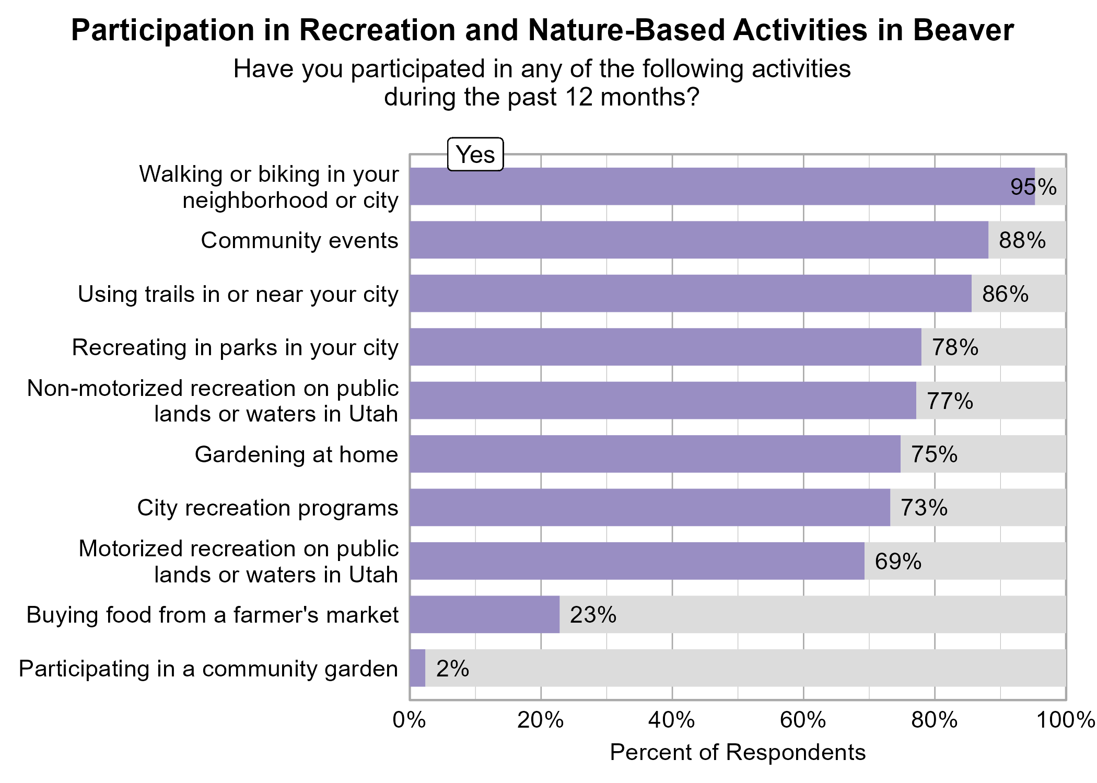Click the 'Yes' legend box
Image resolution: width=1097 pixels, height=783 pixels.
tap(475, 155)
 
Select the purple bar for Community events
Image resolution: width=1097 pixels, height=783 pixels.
tap(698, 240)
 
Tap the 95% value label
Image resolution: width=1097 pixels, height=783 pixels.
tap(1033, 187)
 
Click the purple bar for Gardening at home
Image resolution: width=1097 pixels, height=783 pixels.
tap(655, 454)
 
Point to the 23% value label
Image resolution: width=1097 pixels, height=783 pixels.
tap(593, 615)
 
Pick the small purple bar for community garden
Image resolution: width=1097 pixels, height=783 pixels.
tap(417, 668)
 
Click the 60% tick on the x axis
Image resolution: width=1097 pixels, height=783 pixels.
tap(803, 720)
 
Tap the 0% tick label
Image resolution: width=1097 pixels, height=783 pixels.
tap(409, 720)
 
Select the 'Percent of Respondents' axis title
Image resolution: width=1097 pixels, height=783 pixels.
tap(738, 753)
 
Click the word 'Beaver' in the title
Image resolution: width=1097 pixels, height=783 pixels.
tap(963, 30)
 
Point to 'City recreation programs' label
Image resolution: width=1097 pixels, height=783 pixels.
tap(267, 508)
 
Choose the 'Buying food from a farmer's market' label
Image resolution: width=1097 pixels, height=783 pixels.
tap(213, 615)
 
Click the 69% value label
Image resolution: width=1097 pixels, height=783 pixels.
tap(898, 562)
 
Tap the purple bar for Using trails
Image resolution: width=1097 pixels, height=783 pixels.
tap(690, 294)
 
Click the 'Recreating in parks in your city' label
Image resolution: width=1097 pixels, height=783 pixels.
tap(235, 347)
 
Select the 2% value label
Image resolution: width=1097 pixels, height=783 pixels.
tap(452, 669)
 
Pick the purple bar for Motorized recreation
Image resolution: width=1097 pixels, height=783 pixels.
tap(636, 561)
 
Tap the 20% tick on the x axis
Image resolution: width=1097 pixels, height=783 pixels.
tap(541, 720)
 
